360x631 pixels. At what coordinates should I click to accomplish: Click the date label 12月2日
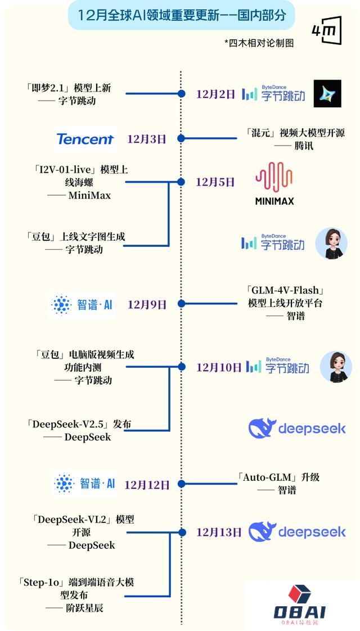coord(215,94)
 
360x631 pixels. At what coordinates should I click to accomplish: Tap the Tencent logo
coord(85,139)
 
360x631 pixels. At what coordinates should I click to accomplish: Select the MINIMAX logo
coord(274,183)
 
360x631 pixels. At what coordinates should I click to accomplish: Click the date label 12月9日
coord(147,304)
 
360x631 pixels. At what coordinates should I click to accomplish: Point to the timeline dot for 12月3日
coord(181,138)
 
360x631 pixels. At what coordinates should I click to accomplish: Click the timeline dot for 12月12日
coord(181,484)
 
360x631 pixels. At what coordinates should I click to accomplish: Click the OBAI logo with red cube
coord(300,604)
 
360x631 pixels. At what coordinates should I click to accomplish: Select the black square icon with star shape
coord(327,94)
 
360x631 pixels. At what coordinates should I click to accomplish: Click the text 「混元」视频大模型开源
coord(295,133)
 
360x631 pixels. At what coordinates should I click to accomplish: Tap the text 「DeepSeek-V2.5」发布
coord(79,424)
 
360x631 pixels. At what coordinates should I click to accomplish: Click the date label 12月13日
coord(219,531)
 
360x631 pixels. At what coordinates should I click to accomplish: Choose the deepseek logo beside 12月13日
coord(298,531)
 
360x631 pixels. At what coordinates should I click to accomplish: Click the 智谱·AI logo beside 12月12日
coord(85,484)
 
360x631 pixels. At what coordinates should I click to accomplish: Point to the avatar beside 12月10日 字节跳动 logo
coord(336,367)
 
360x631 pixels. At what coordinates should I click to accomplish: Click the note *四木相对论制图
coord(259,43)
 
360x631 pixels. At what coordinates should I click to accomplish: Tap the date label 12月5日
coord(215,182)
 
